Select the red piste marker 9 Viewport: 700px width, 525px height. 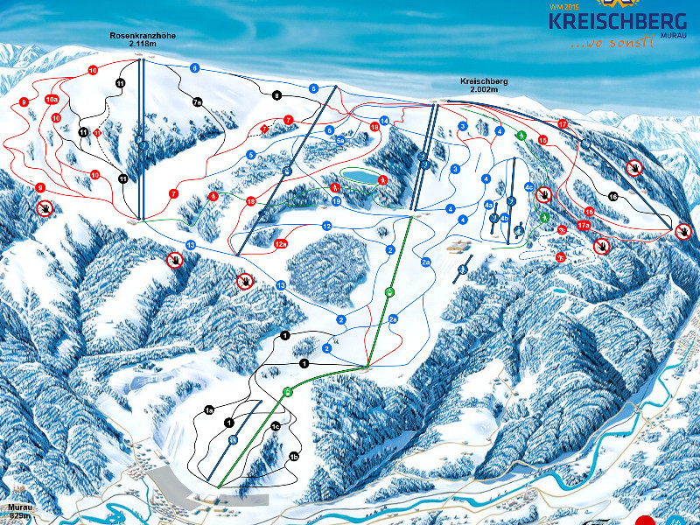(40, 187)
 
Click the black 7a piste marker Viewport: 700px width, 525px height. (198, 102)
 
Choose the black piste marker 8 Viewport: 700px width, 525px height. (276, 95)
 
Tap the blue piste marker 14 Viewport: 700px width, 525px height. (384, 121)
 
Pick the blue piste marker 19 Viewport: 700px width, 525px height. (335, 201)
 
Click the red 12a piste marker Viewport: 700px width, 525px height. (281, 244)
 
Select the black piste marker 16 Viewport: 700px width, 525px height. (612, 197)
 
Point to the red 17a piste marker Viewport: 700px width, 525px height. (584, 226)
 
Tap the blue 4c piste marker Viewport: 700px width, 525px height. (529, 186)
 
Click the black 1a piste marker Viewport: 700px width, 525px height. (209, 409)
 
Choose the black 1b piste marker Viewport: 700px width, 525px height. (294, 457)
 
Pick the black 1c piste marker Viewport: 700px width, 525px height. (275, 427)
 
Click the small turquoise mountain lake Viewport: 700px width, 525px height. (357, 177)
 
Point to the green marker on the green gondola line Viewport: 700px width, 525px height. (389, 290)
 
